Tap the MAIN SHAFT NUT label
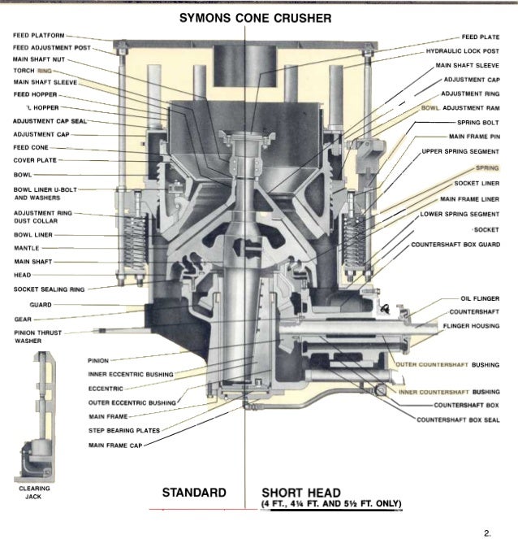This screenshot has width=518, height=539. click(37, 59)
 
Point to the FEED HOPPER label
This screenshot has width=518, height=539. click(34, 93)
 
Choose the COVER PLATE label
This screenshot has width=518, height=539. click(34, 159)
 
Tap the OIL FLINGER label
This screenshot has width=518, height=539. click(479, 298)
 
